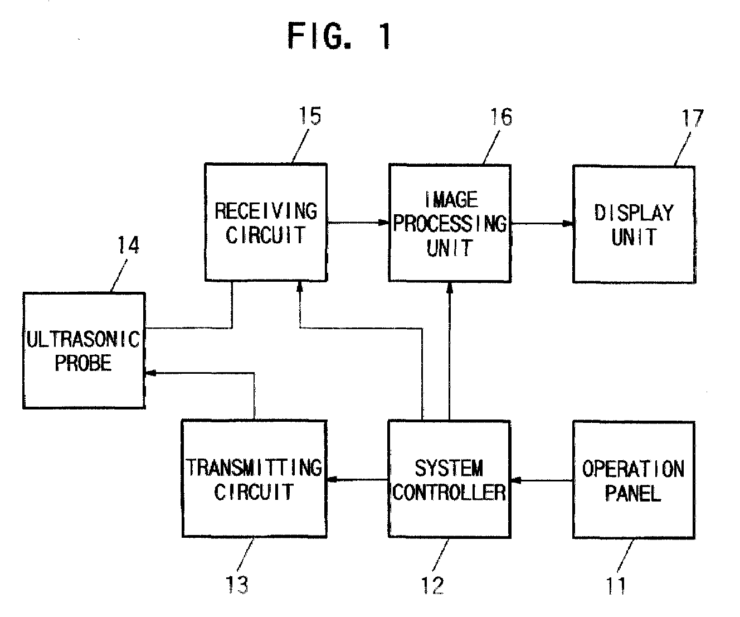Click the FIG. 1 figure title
click(x=339, y=37)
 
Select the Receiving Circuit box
click(x=265, y=222)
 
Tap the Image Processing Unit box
click(x=449, y=223)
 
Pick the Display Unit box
click(x=634, y=224)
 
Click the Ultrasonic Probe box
click(x=84, y=350)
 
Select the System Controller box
click(x=449, y=479)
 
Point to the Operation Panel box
click(x=634, y=479)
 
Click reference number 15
click(x=309, y=117)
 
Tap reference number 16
click(x=500, y=117)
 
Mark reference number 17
click(x=692, y=118)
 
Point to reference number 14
click(x=128, y=245)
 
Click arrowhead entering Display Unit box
click(x=568, y=224)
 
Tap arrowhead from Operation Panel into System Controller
click(x=515, y=480)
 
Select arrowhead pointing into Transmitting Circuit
click(x=332, y=480)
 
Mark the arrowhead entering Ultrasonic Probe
click(x=149, y=374)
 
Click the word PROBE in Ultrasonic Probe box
click(x=83, y=363)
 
